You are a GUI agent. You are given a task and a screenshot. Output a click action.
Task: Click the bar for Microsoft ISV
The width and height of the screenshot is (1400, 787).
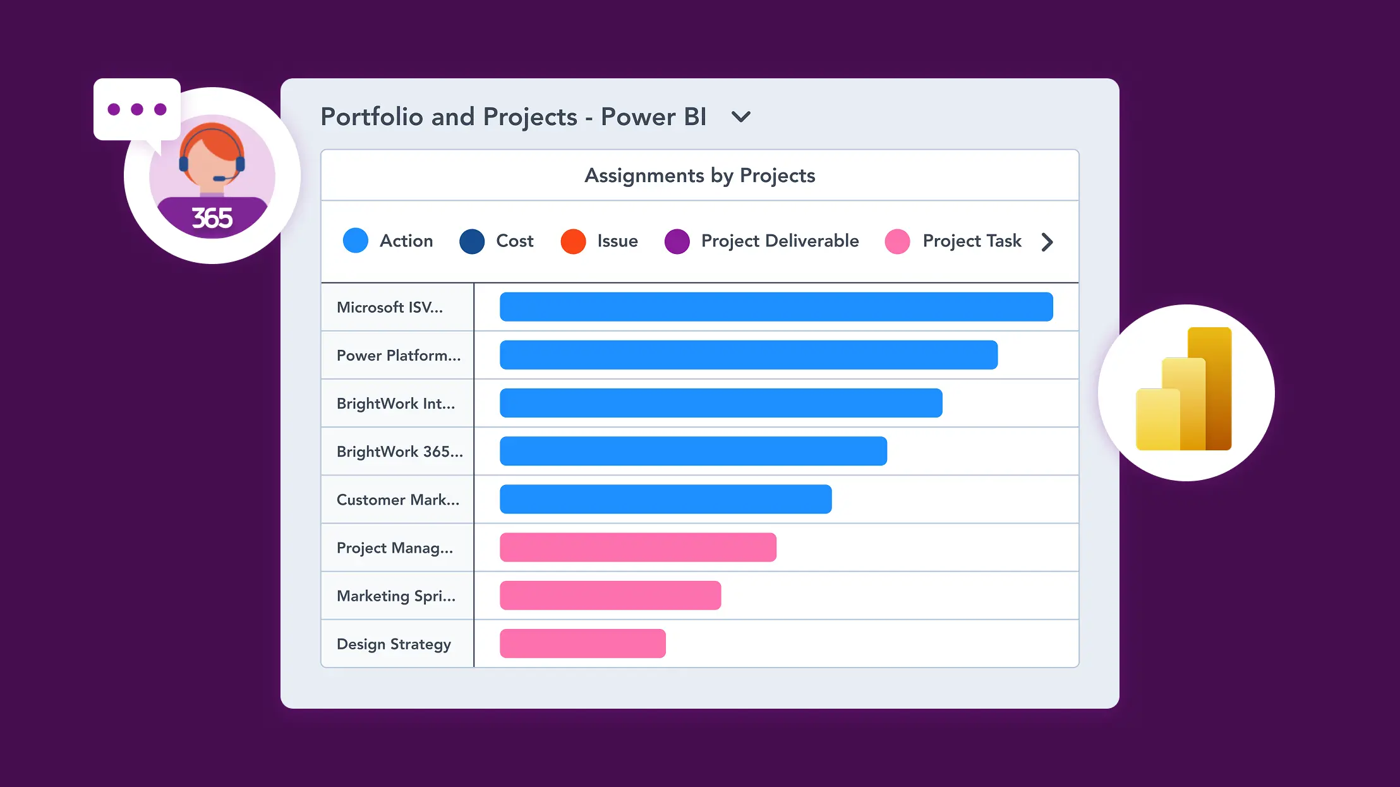tap(776, 307)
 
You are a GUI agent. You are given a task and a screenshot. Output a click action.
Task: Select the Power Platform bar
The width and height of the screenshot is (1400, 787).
tap(748, 355)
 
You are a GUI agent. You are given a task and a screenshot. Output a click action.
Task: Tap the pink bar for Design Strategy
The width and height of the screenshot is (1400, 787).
tap(582, 644)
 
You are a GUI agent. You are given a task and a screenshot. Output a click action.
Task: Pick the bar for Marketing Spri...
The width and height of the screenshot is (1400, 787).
tap(610, 596)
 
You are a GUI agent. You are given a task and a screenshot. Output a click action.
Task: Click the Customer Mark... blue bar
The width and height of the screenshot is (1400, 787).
tap(665, 499)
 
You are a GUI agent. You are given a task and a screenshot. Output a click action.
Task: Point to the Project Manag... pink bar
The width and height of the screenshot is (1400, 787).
tap(637, 548)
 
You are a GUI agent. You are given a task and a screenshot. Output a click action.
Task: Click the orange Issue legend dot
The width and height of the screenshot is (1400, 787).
tap(573, 241)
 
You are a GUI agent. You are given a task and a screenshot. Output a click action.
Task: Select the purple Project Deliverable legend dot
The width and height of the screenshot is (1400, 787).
tap(677, 241)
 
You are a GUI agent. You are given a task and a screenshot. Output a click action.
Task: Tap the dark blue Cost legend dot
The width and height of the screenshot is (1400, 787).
tap(472, 241)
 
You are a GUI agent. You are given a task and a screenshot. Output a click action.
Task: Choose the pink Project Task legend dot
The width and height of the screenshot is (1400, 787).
tap(897, 241)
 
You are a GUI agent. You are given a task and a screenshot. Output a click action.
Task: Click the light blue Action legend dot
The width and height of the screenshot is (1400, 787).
tap(356, 241)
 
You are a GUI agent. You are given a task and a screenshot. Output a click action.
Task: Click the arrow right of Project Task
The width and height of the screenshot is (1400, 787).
tap(1047, 242)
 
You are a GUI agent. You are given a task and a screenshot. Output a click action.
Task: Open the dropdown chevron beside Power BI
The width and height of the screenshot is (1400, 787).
tap(740, 117)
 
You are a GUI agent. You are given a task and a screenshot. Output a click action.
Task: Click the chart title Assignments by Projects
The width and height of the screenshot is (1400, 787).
tap(699, 176)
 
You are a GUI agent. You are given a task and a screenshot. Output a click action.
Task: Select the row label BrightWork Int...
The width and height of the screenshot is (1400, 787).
tap(395, 404)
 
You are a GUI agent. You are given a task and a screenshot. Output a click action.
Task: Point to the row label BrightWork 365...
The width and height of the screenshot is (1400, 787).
tap(399, 452)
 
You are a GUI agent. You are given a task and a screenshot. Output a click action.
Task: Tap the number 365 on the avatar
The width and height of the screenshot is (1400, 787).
tap(212, 219)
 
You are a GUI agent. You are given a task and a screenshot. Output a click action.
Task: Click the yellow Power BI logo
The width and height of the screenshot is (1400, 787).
tap(1184, 390)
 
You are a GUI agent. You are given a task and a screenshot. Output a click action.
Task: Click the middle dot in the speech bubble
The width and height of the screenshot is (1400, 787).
tap(137, 109)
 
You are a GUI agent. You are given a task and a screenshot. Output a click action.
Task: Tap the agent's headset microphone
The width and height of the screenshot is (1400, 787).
tap(219, 179)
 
